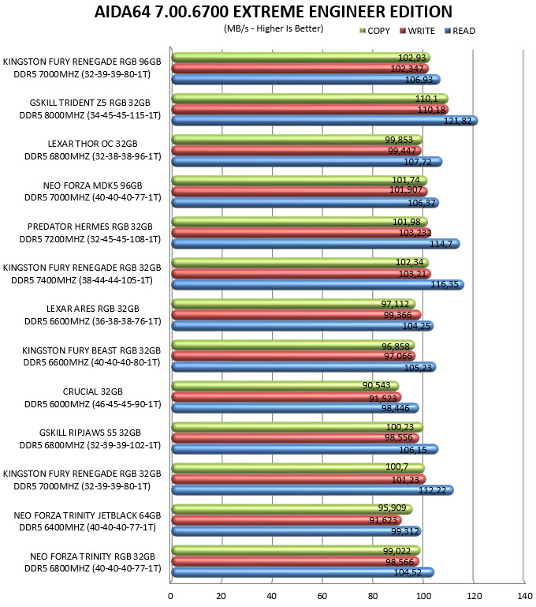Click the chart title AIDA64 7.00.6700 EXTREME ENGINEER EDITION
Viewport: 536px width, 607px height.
(x=274, y=12)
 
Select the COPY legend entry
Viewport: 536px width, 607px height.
(x=374, y=31)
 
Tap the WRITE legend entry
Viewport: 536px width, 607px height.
(x=417, y=31)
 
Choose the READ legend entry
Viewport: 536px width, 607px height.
(x=460, y=31)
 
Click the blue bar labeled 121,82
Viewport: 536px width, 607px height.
(x=325, y=121)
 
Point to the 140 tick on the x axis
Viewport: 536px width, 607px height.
(x=524, y=596)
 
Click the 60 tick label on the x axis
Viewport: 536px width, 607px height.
(x=322, y=596)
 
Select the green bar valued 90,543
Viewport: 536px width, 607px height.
(x=285, y=385)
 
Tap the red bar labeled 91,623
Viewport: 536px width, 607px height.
(x=286, y=520)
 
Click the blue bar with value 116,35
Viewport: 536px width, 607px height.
(x=318, y=284)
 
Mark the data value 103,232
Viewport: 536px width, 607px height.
(x=415, y=233)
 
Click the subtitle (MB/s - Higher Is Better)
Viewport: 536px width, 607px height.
(x=274, y=28)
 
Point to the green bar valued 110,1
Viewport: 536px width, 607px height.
(x=310, y=99)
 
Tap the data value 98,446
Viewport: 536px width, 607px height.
(x=396, y=408)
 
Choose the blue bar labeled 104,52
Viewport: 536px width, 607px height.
(x=303, y=571)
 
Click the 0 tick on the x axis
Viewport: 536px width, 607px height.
(x=170, y=596)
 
